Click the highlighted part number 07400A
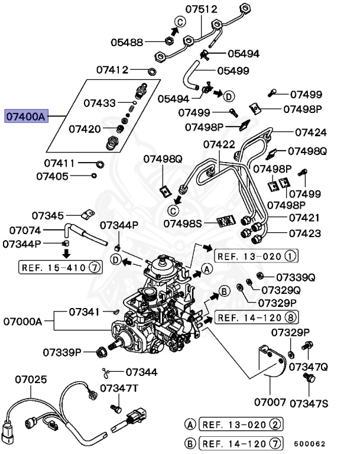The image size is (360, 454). [25, 116]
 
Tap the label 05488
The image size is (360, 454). [127, 42]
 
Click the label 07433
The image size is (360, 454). [99, 102]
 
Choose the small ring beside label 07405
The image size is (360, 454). [94, 176]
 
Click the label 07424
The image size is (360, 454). [311, 132]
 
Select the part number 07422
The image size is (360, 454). [219, 144]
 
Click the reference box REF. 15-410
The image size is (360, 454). [55, 267]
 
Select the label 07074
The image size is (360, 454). [23, 231]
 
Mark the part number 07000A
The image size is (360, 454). [23, 322]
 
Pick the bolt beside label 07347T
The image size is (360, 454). [116, 408]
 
